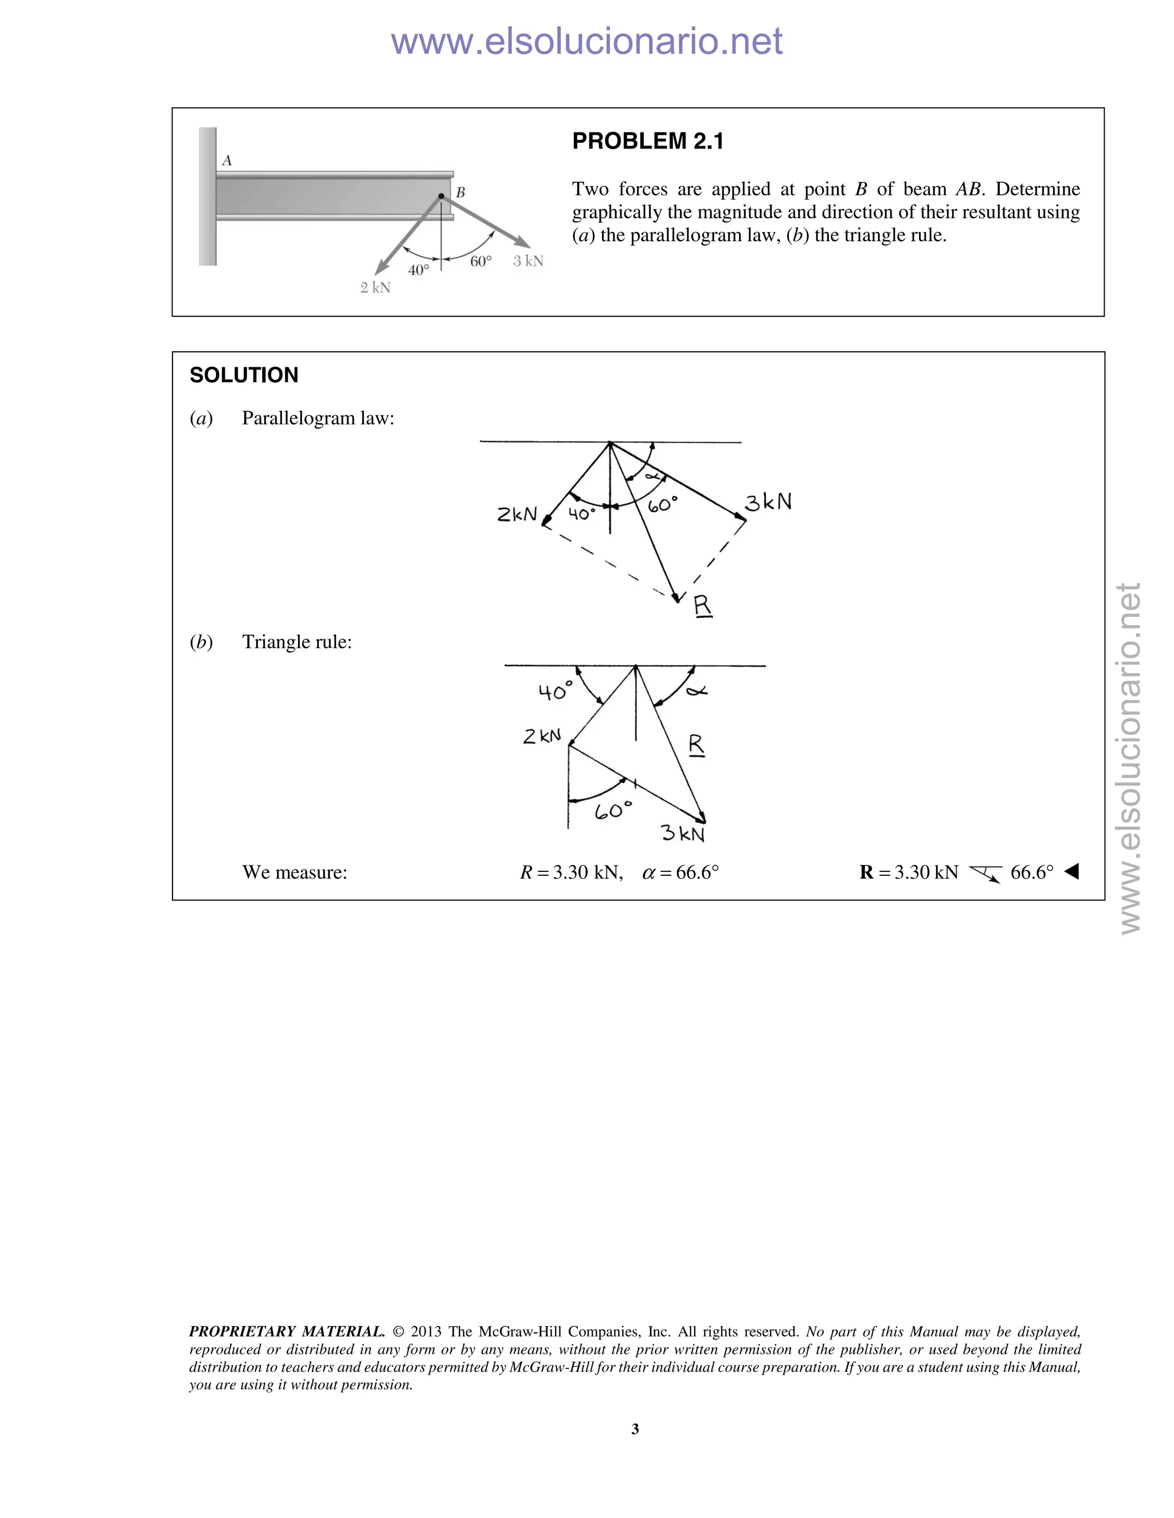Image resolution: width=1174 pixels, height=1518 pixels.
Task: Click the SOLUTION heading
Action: coord(244,375)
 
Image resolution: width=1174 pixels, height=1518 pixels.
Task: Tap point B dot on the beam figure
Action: coord(441,196)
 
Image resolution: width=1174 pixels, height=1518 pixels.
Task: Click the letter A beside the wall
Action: coord(227,160)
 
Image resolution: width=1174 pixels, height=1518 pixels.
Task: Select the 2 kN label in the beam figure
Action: coord(375,288)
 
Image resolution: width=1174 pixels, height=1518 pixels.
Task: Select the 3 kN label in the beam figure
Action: coord(528,261)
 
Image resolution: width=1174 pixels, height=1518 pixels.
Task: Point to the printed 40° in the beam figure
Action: coord(418,270)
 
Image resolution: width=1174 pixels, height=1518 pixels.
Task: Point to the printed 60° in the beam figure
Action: coord(480,261)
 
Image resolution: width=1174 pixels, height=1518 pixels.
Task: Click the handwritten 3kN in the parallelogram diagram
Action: coord(768,502)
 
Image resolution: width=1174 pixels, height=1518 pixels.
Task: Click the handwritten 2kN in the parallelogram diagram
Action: coord(516,514)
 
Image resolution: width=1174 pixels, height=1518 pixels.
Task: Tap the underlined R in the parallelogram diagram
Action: coord(702,606)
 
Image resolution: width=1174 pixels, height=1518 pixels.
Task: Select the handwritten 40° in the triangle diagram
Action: coord(555,691)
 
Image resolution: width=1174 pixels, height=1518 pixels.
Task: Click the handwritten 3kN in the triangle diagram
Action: coord(682,833)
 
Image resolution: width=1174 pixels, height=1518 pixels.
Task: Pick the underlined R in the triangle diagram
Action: coord(696,745)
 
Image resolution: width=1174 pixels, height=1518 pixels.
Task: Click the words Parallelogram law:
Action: coord(318,418)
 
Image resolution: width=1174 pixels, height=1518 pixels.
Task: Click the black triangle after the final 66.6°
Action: coord(1072,872)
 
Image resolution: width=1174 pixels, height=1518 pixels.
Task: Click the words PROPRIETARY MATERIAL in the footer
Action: coord(287,1332)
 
